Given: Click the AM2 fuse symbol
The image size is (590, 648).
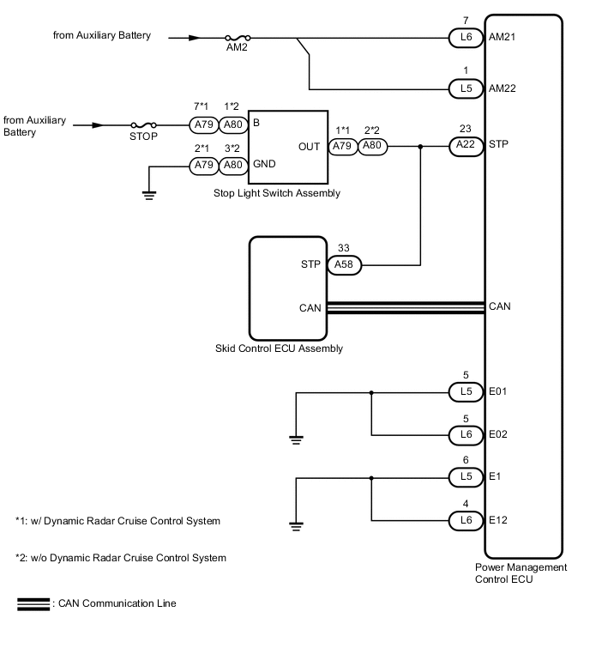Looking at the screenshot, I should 238,38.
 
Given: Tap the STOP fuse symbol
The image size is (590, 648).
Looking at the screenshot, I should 143,125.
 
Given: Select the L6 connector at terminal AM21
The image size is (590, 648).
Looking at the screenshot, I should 466,38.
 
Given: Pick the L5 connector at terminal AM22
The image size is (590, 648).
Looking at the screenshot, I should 466,89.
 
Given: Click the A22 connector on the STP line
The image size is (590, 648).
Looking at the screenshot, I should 466,147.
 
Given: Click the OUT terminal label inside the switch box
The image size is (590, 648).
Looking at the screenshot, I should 310,147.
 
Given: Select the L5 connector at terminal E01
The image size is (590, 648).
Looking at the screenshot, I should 466,393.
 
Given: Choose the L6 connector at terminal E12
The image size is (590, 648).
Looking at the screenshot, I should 466,519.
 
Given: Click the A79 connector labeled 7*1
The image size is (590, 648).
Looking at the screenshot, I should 203,125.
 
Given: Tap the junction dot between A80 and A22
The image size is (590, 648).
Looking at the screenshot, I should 420,147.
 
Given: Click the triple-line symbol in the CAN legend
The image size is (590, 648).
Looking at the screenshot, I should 33,604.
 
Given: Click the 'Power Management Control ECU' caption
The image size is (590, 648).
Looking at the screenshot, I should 521,573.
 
